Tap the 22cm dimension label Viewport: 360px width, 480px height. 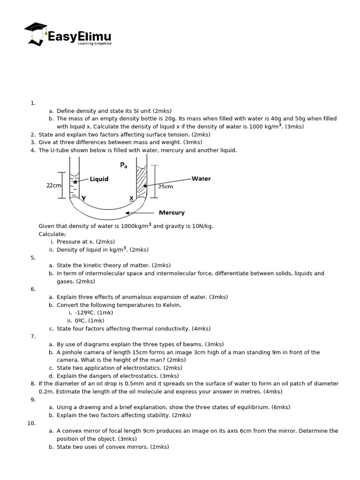[x=53, y=186]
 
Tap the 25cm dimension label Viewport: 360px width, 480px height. [x=165, y=187]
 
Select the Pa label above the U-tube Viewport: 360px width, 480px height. [x=124, y=165]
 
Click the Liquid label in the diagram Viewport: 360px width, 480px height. [x=99, y=179]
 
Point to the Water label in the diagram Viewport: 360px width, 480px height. [x=201, y=179]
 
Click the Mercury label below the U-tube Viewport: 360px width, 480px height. [x=172, y=212]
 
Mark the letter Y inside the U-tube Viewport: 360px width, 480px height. [x=83, y=198]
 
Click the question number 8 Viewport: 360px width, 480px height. [x=33, y=383]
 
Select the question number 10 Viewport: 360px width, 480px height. [x=31, y=423]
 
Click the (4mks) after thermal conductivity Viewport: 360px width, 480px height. [x=201, y=329]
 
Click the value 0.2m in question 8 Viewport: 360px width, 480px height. [x=46, y=391]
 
